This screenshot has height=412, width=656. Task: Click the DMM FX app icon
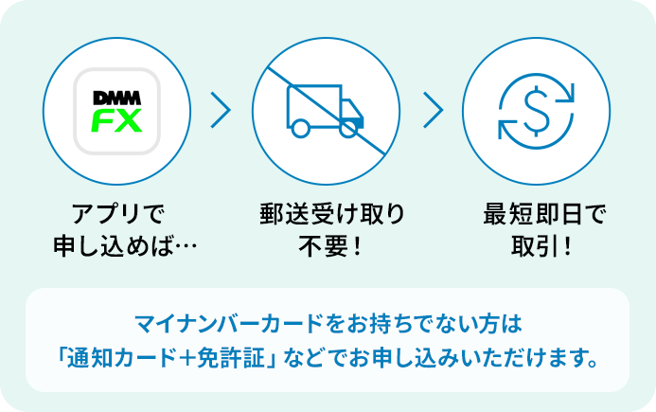pyautogui.click(x=117, y=111)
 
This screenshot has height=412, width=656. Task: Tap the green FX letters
pyautogui.click(x=117, y=121)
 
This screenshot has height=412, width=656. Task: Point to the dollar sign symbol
pyautogui.click(x=535, y=111)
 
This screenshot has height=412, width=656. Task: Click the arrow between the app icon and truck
pyautogui.click(x=222, y=111)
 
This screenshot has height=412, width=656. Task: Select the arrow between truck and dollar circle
pyautogui.click(x=433, y=111)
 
